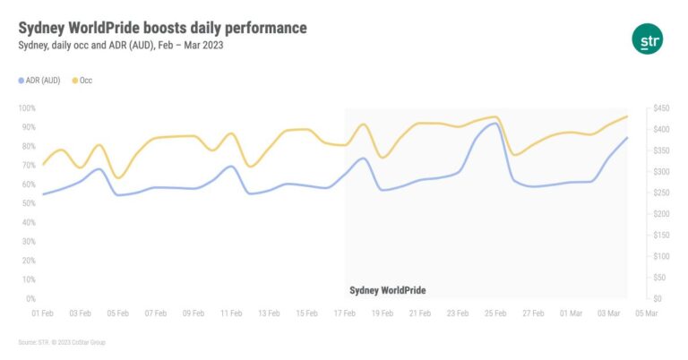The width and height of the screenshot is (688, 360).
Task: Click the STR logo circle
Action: pos(646,39)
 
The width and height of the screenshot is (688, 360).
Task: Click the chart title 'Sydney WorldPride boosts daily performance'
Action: pos(162,28)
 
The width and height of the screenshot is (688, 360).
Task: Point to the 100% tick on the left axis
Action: pos(26,108)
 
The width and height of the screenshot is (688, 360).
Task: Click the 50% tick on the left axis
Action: pos(28,203)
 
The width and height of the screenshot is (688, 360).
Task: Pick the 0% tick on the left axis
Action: pos(30,298)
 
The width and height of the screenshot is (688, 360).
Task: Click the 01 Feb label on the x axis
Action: pos(42,313)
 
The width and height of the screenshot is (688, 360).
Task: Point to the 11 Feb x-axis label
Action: pos(232,313)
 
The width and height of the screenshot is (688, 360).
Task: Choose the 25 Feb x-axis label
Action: pos(495,313)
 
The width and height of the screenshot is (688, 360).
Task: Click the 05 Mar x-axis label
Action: pos(646,313)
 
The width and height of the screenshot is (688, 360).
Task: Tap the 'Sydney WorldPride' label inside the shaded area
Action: pos(387,290)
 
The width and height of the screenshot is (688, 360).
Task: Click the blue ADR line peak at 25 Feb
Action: pos(493,124)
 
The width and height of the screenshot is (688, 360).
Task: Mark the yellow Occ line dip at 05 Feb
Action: pos(118,177)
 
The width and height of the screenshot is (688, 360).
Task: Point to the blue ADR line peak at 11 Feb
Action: pos(232,166)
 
